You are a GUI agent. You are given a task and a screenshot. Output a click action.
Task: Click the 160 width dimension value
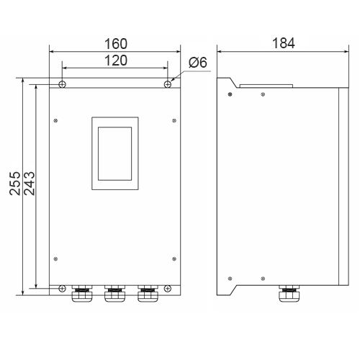click(116, 44)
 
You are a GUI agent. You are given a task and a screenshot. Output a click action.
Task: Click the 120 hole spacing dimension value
click(116, 60)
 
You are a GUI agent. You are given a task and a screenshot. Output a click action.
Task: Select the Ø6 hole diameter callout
click(198, 63)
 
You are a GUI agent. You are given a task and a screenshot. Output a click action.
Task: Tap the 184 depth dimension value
click(283, 43)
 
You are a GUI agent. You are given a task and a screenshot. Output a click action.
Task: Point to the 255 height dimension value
click(15, 183)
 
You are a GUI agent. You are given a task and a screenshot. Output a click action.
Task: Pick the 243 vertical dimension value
click(30, 183)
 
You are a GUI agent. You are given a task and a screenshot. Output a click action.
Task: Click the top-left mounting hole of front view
click(62, 84)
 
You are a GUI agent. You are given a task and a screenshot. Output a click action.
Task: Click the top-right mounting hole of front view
click(168, 84)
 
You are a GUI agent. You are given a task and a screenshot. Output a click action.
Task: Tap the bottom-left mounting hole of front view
click(62, 288)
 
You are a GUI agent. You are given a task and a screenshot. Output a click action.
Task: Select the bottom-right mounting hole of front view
click(168, 288)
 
